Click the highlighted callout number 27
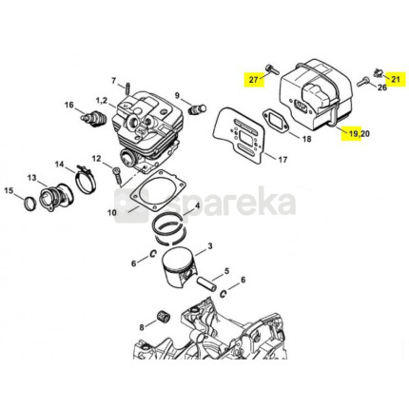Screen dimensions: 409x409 [x=253, y=79]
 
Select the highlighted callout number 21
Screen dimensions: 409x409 [x=396, y=79]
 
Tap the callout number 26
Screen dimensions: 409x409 [x=382, y=88]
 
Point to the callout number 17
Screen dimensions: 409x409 [x=282, y=160]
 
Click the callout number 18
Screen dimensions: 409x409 [x=307, y=139]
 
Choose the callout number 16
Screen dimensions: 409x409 [x=69, y=105]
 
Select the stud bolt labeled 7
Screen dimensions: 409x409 [x=127, y=88]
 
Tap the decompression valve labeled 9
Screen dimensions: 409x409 [x=197, y=109]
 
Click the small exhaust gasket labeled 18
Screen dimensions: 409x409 [x=275, y=120]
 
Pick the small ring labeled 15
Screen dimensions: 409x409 [x=30, y=204]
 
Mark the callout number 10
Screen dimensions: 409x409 [x=112, y=212]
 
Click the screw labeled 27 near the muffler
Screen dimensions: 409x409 [x=272, y=70]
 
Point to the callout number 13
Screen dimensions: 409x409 [x=32, y=178]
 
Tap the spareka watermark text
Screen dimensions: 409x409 [x=230, y=201]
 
